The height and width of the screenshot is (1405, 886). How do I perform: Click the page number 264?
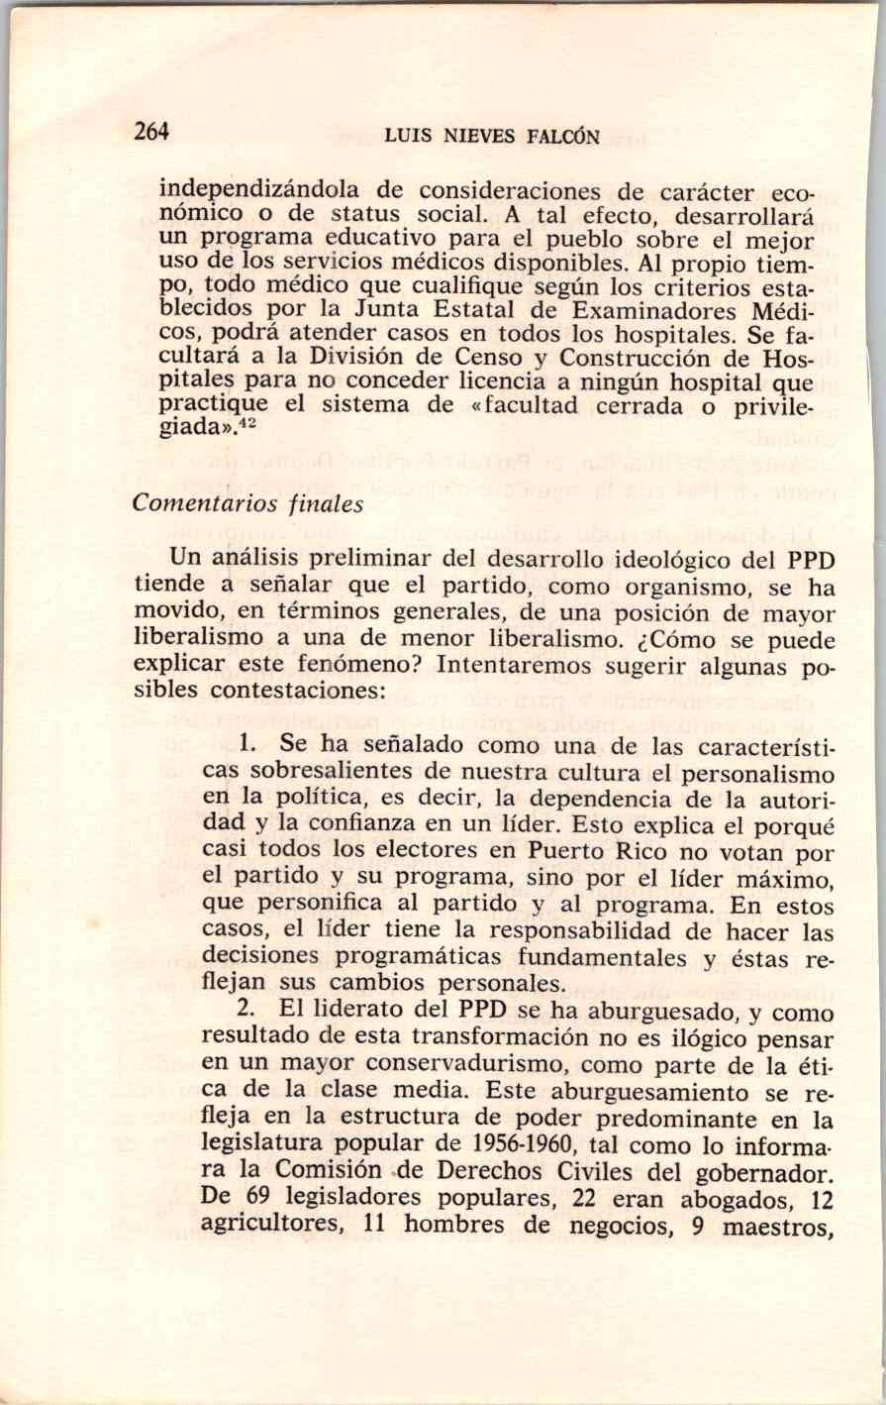[x=152, y=132]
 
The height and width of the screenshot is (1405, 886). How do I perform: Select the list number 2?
[x=247, y=1012]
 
